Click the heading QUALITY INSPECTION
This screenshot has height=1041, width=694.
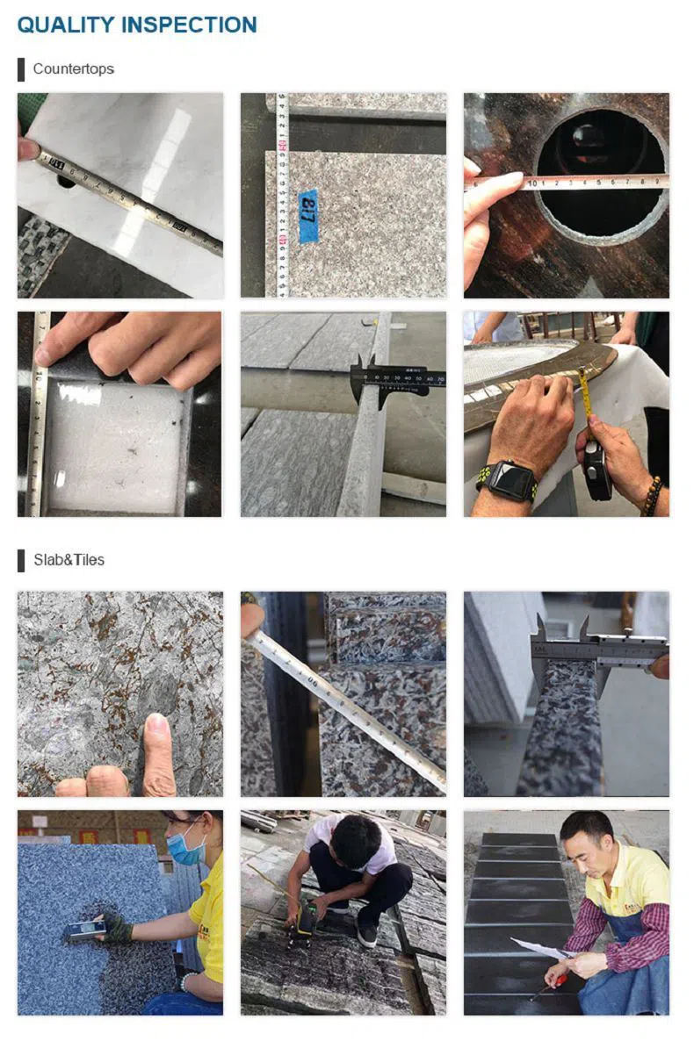(x=137, y=25)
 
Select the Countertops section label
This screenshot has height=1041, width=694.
(x=73, y=68)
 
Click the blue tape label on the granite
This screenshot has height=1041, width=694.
(x=307, y=215)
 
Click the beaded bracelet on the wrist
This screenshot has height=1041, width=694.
(x=651, y=496)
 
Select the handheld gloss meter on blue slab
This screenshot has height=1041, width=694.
(x=84, y=930)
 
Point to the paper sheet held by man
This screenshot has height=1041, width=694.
(x=538, y=949)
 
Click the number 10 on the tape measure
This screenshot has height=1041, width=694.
(x=531, y=183)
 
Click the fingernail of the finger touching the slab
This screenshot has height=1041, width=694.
(x=156, y=726)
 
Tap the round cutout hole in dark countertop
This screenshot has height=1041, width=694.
(x=600, y=176)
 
